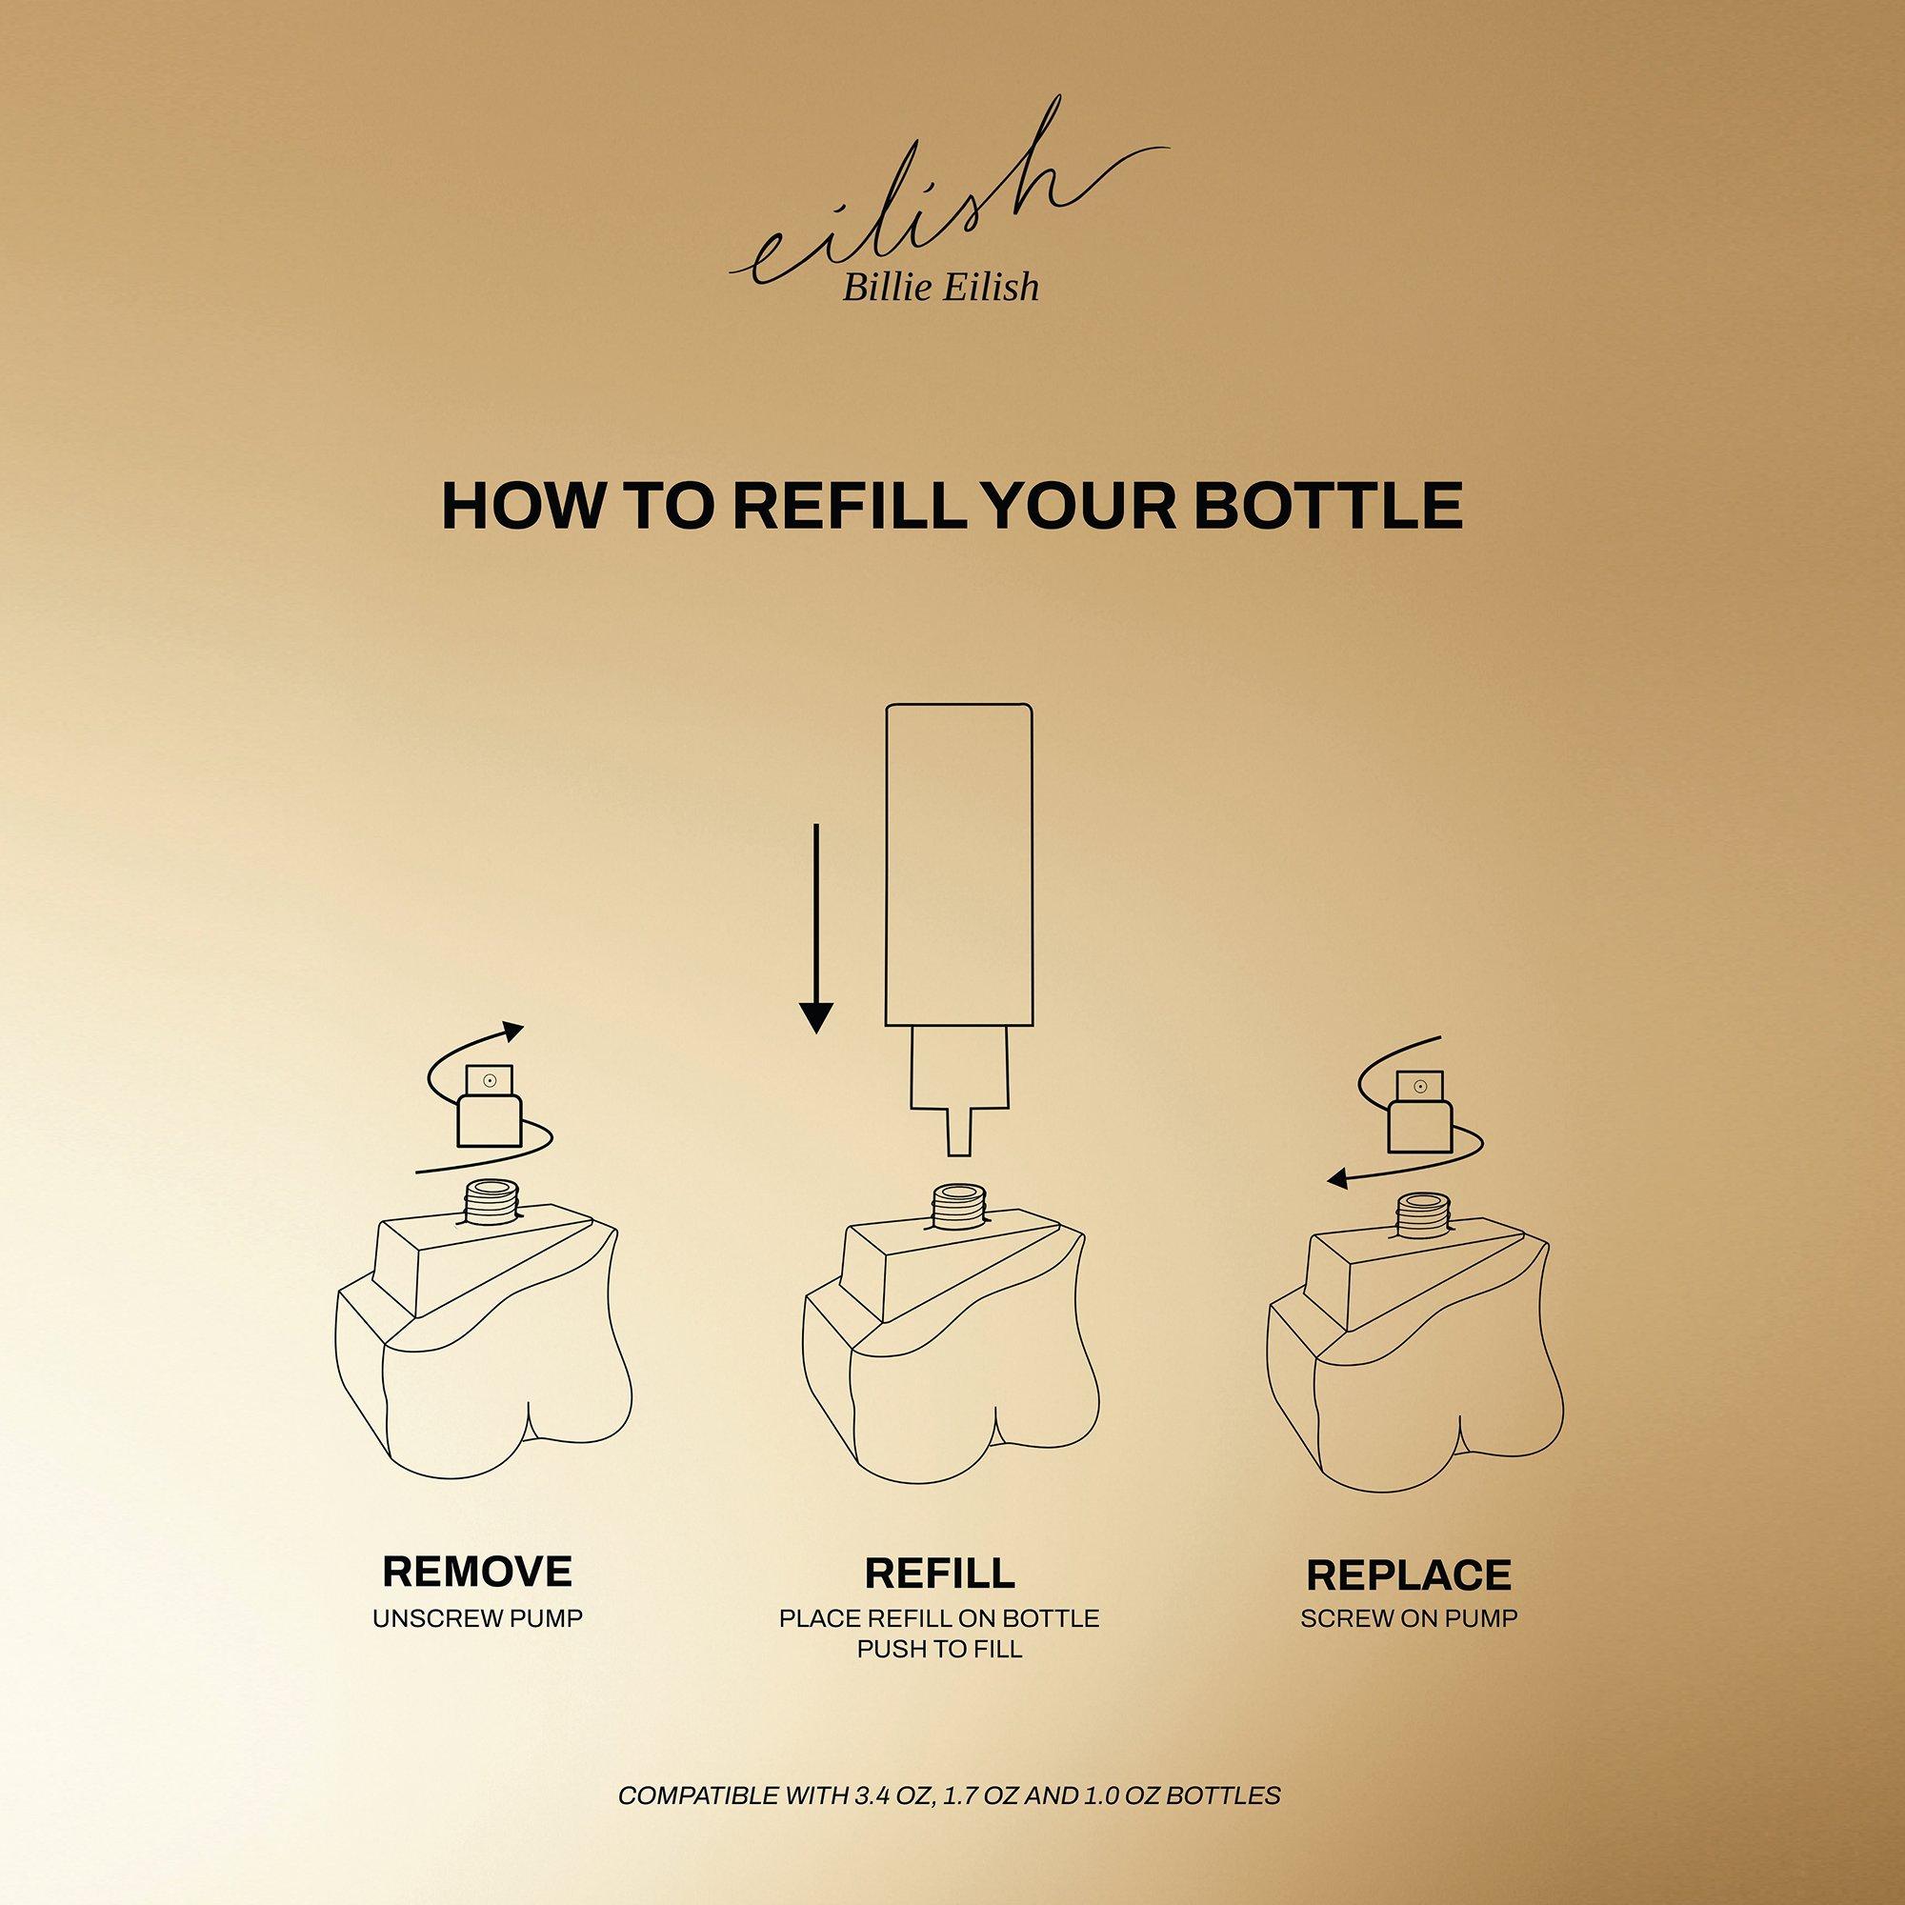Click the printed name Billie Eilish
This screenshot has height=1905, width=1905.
coord(939,286)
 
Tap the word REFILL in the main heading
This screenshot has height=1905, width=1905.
coord(846,505)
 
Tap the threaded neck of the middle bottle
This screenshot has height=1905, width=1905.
coord(959,1210)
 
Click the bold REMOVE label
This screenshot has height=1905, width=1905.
coord(477,1572)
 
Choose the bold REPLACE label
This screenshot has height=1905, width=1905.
coord(1408,1575)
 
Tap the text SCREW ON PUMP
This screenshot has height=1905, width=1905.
coord(1409,1618)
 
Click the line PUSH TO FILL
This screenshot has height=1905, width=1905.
coord(940,1649)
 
